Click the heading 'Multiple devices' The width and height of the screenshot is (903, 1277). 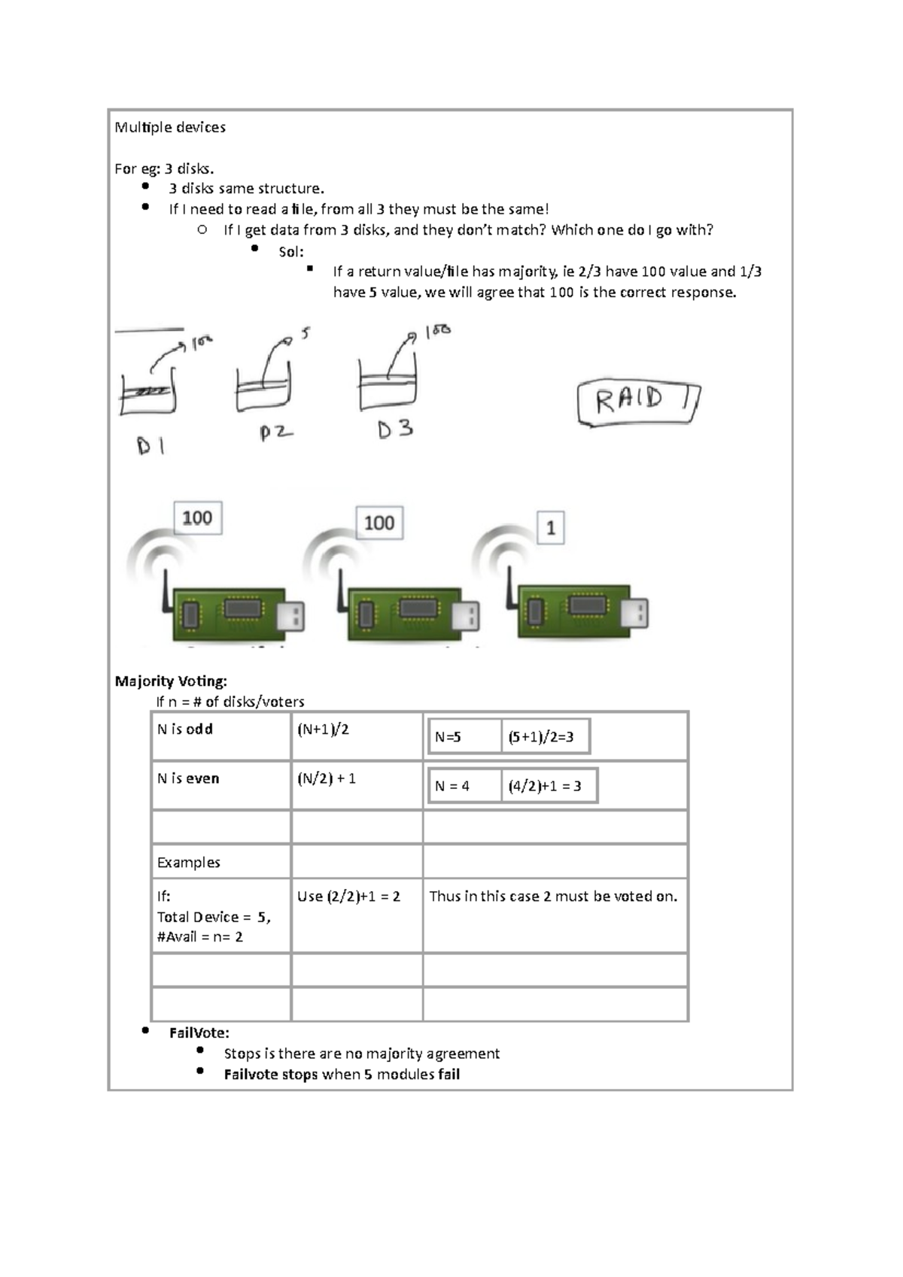pos(170,127)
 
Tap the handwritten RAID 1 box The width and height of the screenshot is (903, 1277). pos(637,402)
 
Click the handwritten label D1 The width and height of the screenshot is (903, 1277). pos(150,447)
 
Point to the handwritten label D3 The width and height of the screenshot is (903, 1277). pos(396,430)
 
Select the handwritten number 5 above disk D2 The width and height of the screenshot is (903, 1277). pos(305,333)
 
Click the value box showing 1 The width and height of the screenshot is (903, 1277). pos(551,528)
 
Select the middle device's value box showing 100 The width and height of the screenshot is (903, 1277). pos(379,523)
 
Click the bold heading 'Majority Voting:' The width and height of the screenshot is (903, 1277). pos(171,681)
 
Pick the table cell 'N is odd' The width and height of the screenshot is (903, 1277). pos(185,729)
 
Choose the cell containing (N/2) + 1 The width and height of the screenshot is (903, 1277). pos(327,779)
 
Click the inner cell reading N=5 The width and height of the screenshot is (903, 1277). pos(448,737)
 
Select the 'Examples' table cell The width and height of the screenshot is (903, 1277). pos(189,863)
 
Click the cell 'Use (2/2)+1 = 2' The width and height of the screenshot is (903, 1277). pos(349,896)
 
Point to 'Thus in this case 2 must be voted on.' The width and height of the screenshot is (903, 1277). pos(553,896)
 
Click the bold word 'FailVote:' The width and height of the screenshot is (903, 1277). pos(199,1033)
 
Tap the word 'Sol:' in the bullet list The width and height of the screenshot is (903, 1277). pos(291,252)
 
